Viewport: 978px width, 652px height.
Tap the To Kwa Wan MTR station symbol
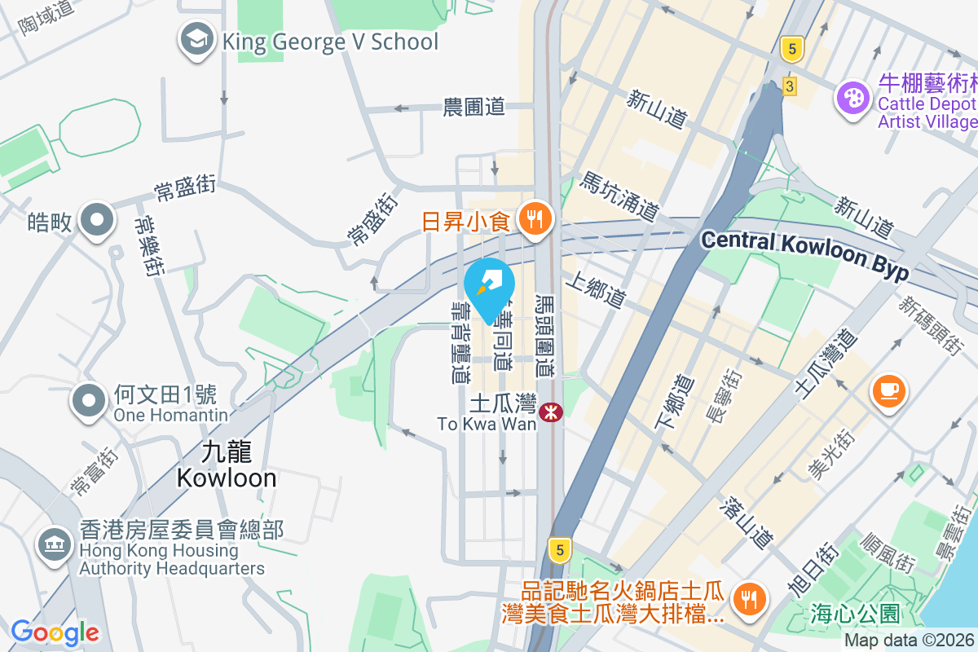click(552, 412)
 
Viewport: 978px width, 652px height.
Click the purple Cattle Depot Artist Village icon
click(853, 99)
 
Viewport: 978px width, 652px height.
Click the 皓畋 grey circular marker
click(97, 220)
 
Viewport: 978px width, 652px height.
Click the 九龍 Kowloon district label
click(227, 465)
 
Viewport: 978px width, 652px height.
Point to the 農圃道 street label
click(474, 107)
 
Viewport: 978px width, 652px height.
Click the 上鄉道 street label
click(599, 291)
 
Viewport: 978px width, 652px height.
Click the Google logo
click(55, 632)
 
